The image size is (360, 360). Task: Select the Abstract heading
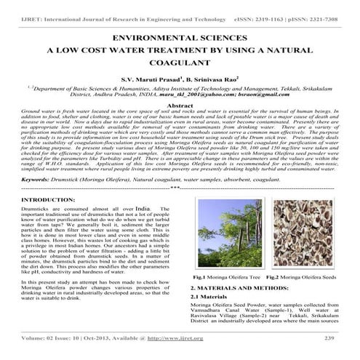click(180, 105)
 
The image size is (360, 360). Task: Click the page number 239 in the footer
click(329, 338)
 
